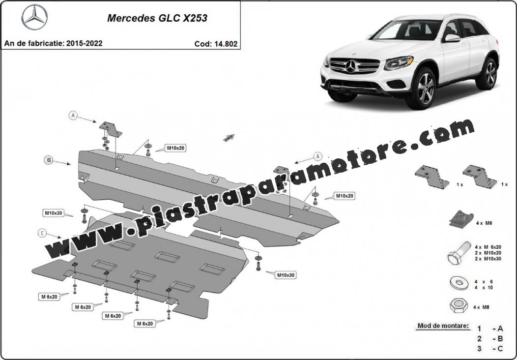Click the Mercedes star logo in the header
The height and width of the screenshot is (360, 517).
[x=34, y=17]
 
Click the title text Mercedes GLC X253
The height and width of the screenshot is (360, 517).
[x=157, y=18]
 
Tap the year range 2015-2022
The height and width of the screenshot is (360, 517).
[x=84, y=43]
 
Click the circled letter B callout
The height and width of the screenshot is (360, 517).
[x=49, y=160]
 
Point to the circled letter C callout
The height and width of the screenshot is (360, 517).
[x=42, y=233]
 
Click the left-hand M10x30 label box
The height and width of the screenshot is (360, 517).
[x=54, y=213]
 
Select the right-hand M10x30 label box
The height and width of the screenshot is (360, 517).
[x=286, y=275]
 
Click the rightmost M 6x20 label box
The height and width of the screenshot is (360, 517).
[x=144, y=324]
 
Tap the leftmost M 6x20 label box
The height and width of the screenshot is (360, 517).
[x=49, y=297]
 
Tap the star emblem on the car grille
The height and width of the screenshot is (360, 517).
[x=351, y=66]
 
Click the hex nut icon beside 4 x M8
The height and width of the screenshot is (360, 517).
[x=459, y=305]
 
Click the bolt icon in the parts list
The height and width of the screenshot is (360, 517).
[x=459, y=253]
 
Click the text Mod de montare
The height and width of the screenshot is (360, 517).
[x=443, y=326]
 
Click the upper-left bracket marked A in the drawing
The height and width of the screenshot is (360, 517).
[x=111, y=129]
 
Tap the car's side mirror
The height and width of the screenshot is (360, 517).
[x=452, y=38]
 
